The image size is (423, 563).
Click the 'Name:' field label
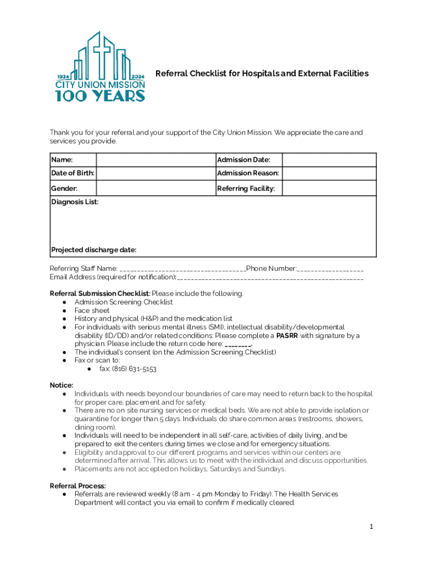click(x=62, y=160)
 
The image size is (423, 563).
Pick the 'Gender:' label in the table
click(x=64, y=189)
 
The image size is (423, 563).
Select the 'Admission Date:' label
click(x=243, y=160)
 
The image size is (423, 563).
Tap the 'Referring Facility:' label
click(x=246, y=189)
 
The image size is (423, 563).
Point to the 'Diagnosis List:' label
click(x=75, y=202)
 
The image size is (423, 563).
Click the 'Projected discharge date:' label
click(x=94, y=250)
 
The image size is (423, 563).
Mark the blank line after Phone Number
click(x=331, y=269)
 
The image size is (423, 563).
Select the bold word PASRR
click(x=287, y=335)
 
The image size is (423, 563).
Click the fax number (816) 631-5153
click(x=134, y=369)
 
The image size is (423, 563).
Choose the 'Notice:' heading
click(x=62, y=385)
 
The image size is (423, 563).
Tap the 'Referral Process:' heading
click(x=78, y=486)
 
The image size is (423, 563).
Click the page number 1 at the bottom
click(x=371, y=527)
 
